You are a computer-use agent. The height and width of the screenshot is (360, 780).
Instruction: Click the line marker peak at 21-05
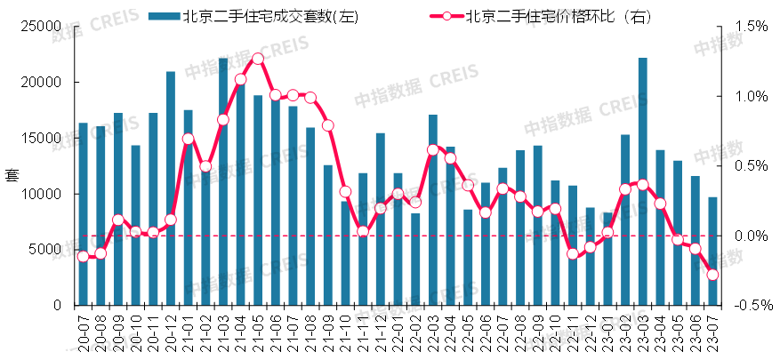258,59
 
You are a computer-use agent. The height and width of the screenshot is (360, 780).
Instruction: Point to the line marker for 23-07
712,275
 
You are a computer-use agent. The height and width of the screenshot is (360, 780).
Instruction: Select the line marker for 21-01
188,139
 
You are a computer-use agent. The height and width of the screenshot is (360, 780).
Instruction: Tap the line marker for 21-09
328,125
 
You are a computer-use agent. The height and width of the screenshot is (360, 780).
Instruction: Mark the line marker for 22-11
573,253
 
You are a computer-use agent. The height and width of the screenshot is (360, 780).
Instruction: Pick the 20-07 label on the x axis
84,332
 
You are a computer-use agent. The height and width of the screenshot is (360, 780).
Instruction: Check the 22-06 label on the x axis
486,332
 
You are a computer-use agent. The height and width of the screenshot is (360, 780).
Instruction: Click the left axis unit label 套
10,174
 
